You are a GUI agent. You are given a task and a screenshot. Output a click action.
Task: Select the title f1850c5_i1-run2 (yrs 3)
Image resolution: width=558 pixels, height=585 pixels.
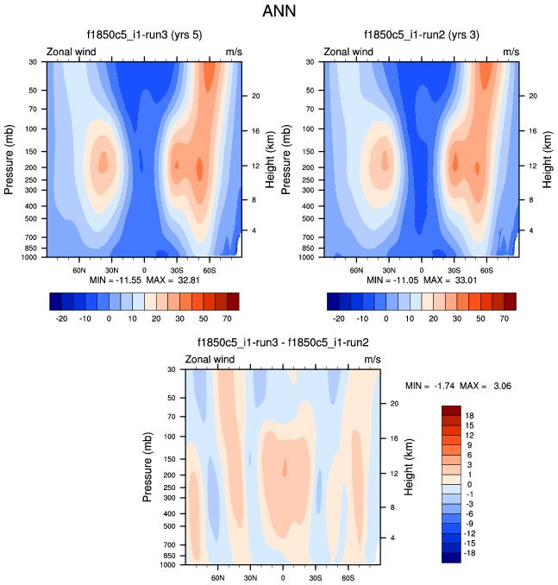pos(419,35)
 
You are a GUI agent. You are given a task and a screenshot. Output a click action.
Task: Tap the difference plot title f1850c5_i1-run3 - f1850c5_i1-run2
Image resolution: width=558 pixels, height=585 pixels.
pos(283,342)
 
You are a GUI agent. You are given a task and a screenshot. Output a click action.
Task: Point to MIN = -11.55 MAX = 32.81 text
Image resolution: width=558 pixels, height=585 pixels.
pos(144,281)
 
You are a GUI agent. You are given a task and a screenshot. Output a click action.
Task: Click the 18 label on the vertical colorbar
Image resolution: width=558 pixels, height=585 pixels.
pos(471,415)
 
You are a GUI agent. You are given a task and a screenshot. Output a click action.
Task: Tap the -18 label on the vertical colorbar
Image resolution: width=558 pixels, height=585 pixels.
pos(471,553)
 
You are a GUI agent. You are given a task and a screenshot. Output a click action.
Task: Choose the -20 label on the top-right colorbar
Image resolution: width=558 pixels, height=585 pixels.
pos(339,318)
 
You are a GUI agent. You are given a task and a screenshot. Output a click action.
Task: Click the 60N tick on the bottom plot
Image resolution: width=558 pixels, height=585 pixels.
pos(217,578)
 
